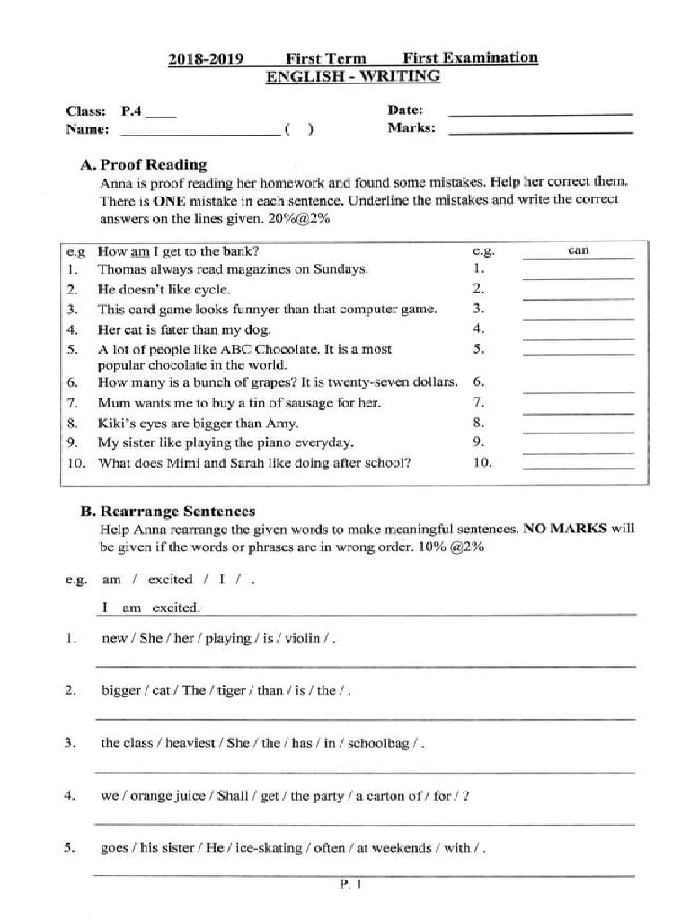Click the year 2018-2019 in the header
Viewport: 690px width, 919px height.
pyautogui.click(x=206, y=60)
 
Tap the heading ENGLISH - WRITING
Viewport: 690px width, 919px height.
pyautogui.click(x=353, y=77)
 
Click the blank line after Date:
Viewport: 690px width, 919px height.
pyautogui.click(x=540, y=114)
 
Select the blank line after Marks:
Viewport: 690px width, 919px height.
pyautogui.click(x=540, y=133)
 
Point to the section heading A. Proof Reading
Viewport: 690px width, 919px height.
pyautogui.click(x=143, y=164)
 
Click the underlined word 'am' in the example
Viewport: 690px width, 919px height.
pyautogui.click(x=140, y=251)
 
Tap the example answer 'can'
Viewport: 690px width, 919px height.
pyautogui.click(x=579, y=250)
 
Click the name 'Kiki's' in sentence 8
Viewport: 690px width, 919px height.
pyautogui.click(x=116, y=423)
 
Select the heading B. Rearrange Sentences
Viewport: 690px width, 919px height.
pyautogui.click(x=167, y=512)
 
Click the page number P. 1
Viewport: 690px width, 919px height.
pyautogui.click(x=350, y=885)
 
